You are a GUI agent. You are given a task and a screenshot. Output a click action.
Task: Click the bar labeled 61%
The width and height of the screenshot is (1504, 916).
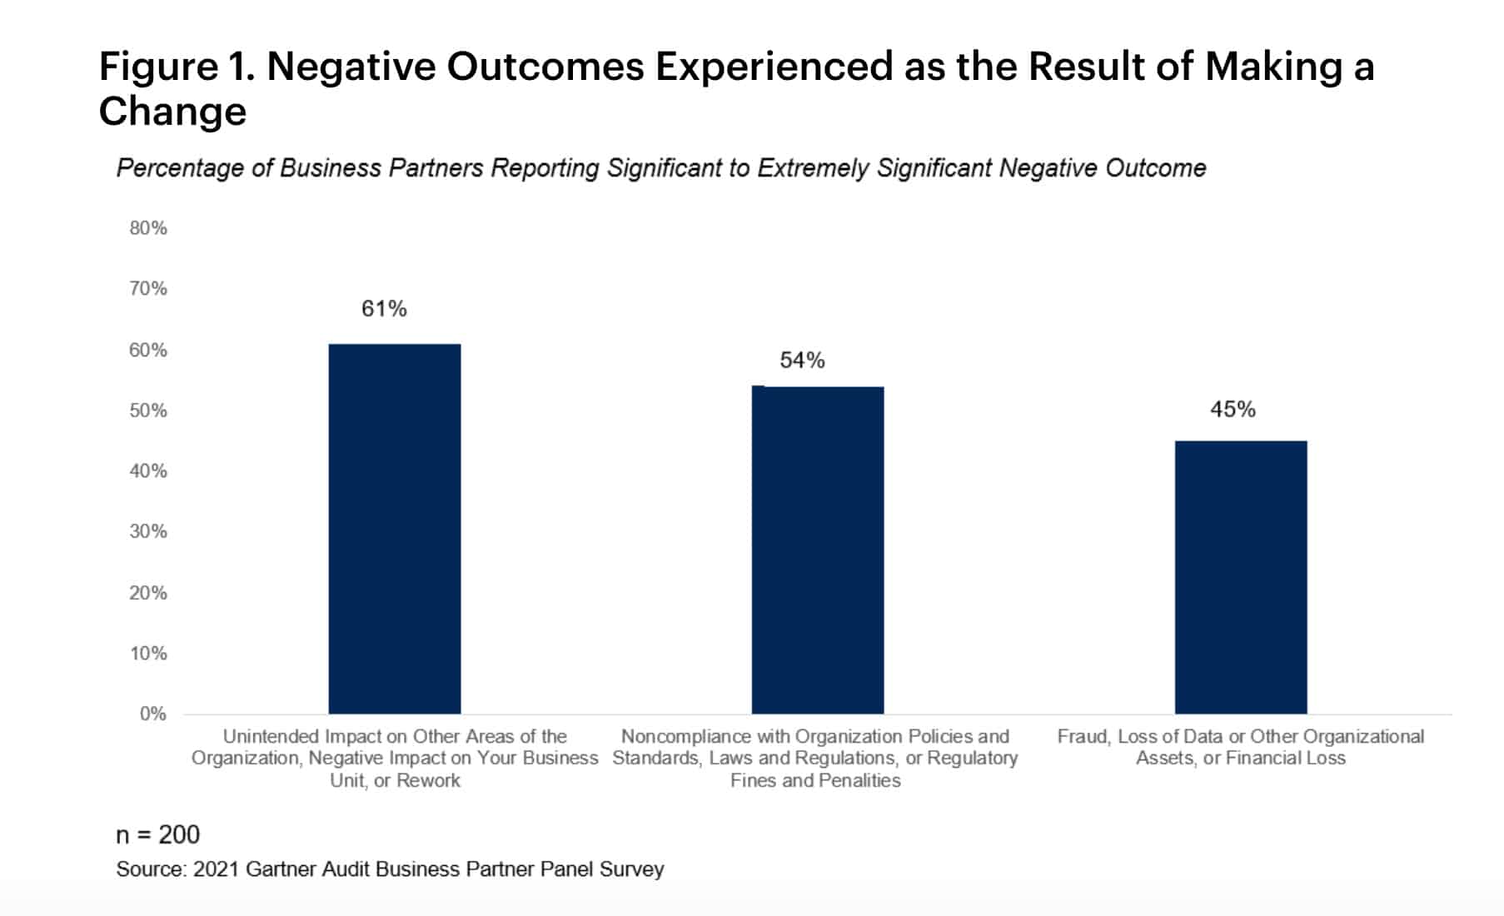click(394, 529)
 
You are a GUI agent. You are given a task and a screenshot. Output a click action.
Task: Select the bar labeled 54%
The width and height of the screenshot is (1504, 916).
click(817, 550)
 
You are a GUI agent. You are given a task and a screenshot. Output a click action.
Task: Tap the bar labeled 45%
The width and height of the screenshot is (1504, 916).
click(1240, 577)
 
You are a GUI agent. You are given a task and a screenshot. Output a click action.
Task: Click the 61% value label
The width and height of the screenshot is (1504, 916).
click(384, 309)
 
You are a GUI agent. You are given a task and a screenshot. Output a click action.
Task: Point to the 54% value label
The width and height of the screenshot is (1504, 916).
click(802, 360)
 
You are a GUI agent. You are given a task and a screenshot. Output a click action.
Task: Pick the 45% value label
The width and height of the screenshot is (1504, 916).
click(1233, 409)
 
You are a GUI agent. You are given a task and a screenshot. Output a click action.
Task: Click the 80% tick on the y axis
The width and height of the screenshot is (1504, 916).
click(148, 228)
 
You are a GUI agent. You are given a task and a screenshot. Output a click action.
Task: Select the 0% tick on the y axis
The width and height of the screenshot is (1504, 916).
click(152, 714)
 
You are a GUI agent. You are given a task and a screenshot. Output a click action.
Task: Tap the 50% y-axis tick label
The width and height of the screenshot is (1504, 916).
click(148, 411)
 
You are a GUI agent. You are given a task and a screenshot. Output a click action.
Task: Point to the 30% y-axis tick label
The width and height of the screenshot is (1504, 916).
click(148, 531)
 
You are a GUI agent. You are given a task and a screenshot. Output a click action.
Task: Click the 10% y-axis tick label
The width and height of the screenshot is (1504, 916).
click(148, 653)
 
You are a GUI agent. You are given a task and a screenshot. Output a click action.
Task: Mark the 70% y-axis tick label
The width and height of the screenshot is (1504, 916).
click(148, 288)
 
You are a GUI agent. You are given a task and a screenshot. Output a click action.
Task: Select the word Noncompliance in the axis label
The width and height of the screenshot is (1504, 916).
click(674, 736)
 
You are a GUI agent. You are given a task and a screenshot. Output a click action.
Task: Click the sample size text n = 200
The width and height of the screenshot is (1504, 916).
click(157, 834)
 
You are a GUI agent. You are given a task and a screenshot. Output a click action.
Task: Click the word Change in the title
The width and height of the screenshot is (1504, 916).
click(172, 112)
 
